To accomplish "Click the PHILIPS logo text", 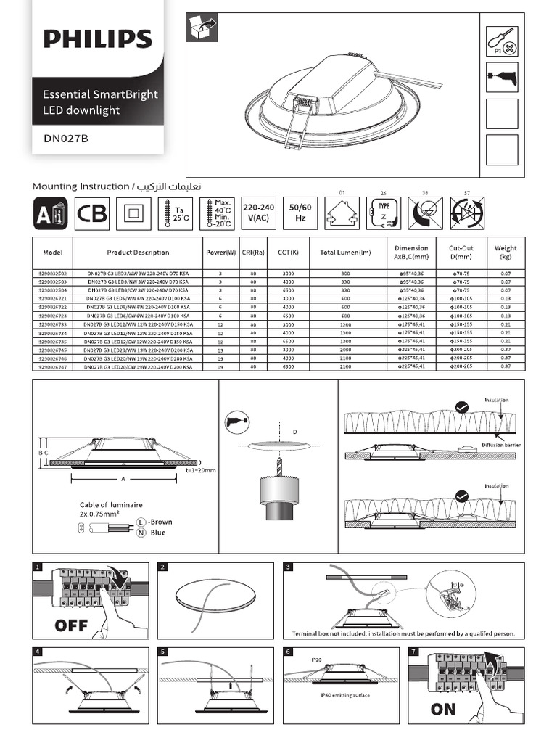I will click(x=98, y=38).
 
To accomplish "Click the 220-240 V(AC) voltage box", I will click(x=258, y=213).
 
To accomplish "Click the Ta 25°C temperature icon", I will click(x=176, y=213).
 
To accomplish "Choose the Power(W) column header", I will click(x=220, y=253).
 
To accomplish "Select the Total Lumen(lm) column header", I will click(x=345, y=253).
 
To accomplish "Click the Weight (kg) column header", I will click(x=506, y=253).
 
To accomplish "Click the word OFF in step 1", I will click(x=70, y=625).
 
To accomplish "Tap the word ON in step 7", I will click(x=443, y=709).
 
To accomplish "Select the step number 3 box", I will click(x=289, y=567).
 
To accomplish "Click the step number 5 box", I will click(x=163, y=652).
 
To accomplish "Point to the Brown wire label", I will click(x=160, y=522).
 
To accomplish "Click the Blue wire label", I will click(x=157, y=533).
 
